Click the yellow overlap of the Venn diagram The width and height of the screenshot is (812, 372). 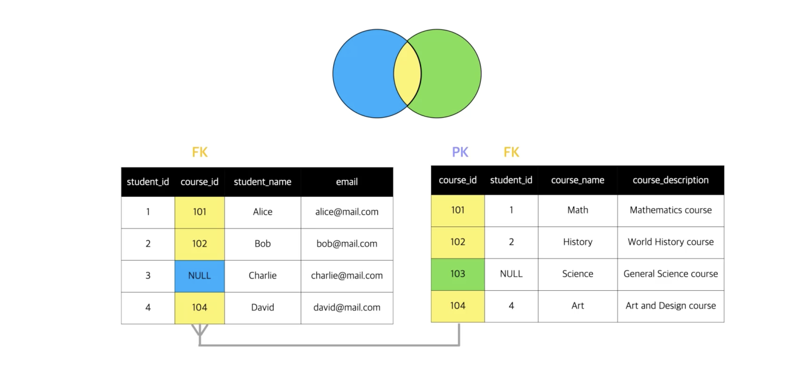tap(407, 73)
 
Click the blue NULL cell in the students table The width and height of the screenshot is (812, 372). tap(200, 276)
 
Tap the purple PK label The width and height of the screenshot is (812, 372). tap(460, 152)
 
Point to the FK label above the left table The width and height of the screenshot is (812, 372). tap(200, 152)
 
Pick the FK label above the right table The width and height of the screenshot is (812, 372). tap(511, 152)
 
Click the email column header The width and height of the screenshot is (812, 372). tap(347, 182)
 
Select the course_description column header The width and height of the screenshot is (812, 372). tap(670, 180)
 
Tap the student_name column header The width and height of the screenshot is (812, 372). tap(263, 182)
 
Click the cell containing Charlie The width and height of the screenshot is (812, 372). tap(263, 276)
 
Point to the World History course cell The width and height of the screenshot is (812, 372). tap(670, 242)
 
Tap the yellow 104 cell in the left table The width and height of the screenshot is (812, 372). tap(200, 308)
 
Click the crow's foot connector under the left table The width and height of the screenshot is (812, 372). tap(200, 330)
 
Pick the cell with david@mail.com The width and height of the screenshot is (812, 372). tap(347, 308)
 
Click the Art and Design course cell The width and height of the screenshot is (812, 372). tap(670, 306)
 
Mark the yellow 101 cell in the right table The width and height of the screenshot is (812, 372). tap(458, 210)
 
